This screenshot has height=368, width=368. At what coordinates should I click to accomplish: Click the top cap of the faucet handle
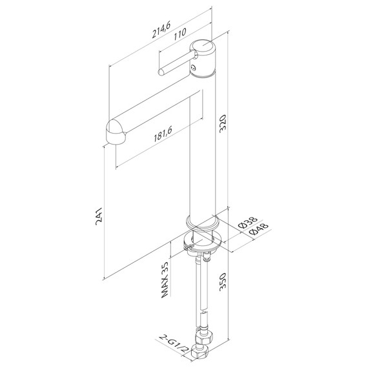[x=203, y=46]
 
